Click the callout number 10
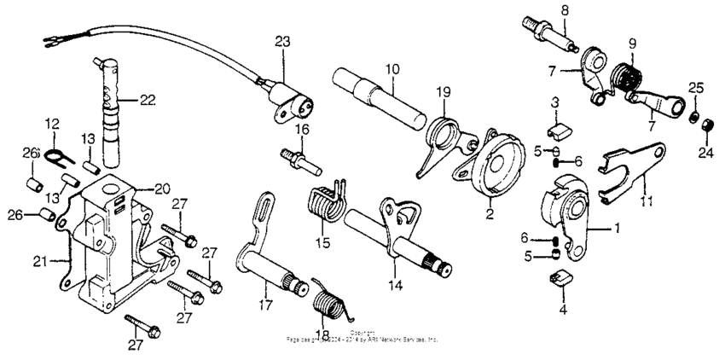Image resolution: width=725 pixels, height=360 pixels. coord(391,67)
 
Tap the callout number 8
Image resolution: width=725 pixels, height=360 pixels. coord(563,9)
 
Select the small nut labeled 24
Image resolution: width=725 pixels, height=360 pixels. coord(706,127)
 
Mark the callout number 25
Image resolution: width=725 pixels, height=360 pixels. coord(696,88)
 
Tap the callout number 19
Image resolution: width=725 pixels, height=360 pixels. coord(444,91)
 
